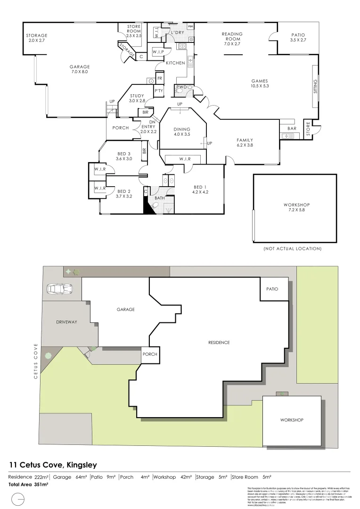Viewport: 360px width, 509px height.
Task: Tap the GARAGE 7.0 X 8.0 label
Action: click(79, 69)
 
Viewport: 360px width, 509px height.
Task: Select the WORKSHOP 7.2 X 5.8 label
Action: click(296, 207)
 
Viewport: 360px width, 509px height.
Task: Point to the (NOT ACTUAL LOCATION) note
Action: click(292, 248)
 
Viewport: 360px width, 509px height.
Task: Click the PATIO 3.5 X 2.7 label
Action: click(298, 37)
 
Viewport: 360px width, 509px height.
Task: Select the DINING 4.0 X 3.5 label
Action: click(182, 131)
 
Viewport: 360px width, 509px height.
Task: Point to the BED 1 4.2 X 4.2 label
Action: click(200, 189)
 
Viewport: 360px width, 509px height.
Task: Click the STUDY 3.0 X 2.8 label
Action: click(140, 98)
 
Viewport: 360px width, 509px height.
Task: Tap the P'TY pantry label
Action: click(158, 91)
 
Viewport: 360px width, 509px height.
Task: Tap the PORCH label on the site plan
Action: click(149, 354)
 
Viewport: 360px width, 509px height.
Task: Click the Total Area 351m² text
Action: click(29, 484)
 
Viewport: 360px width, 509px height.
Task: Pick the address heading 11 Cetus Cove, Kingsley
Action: click(53, 465)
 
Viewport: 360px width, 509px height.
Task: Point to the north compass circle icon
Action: click(17, 499)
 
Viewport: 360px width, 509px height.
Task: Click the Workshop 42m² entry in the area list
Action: click(172, 477)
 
